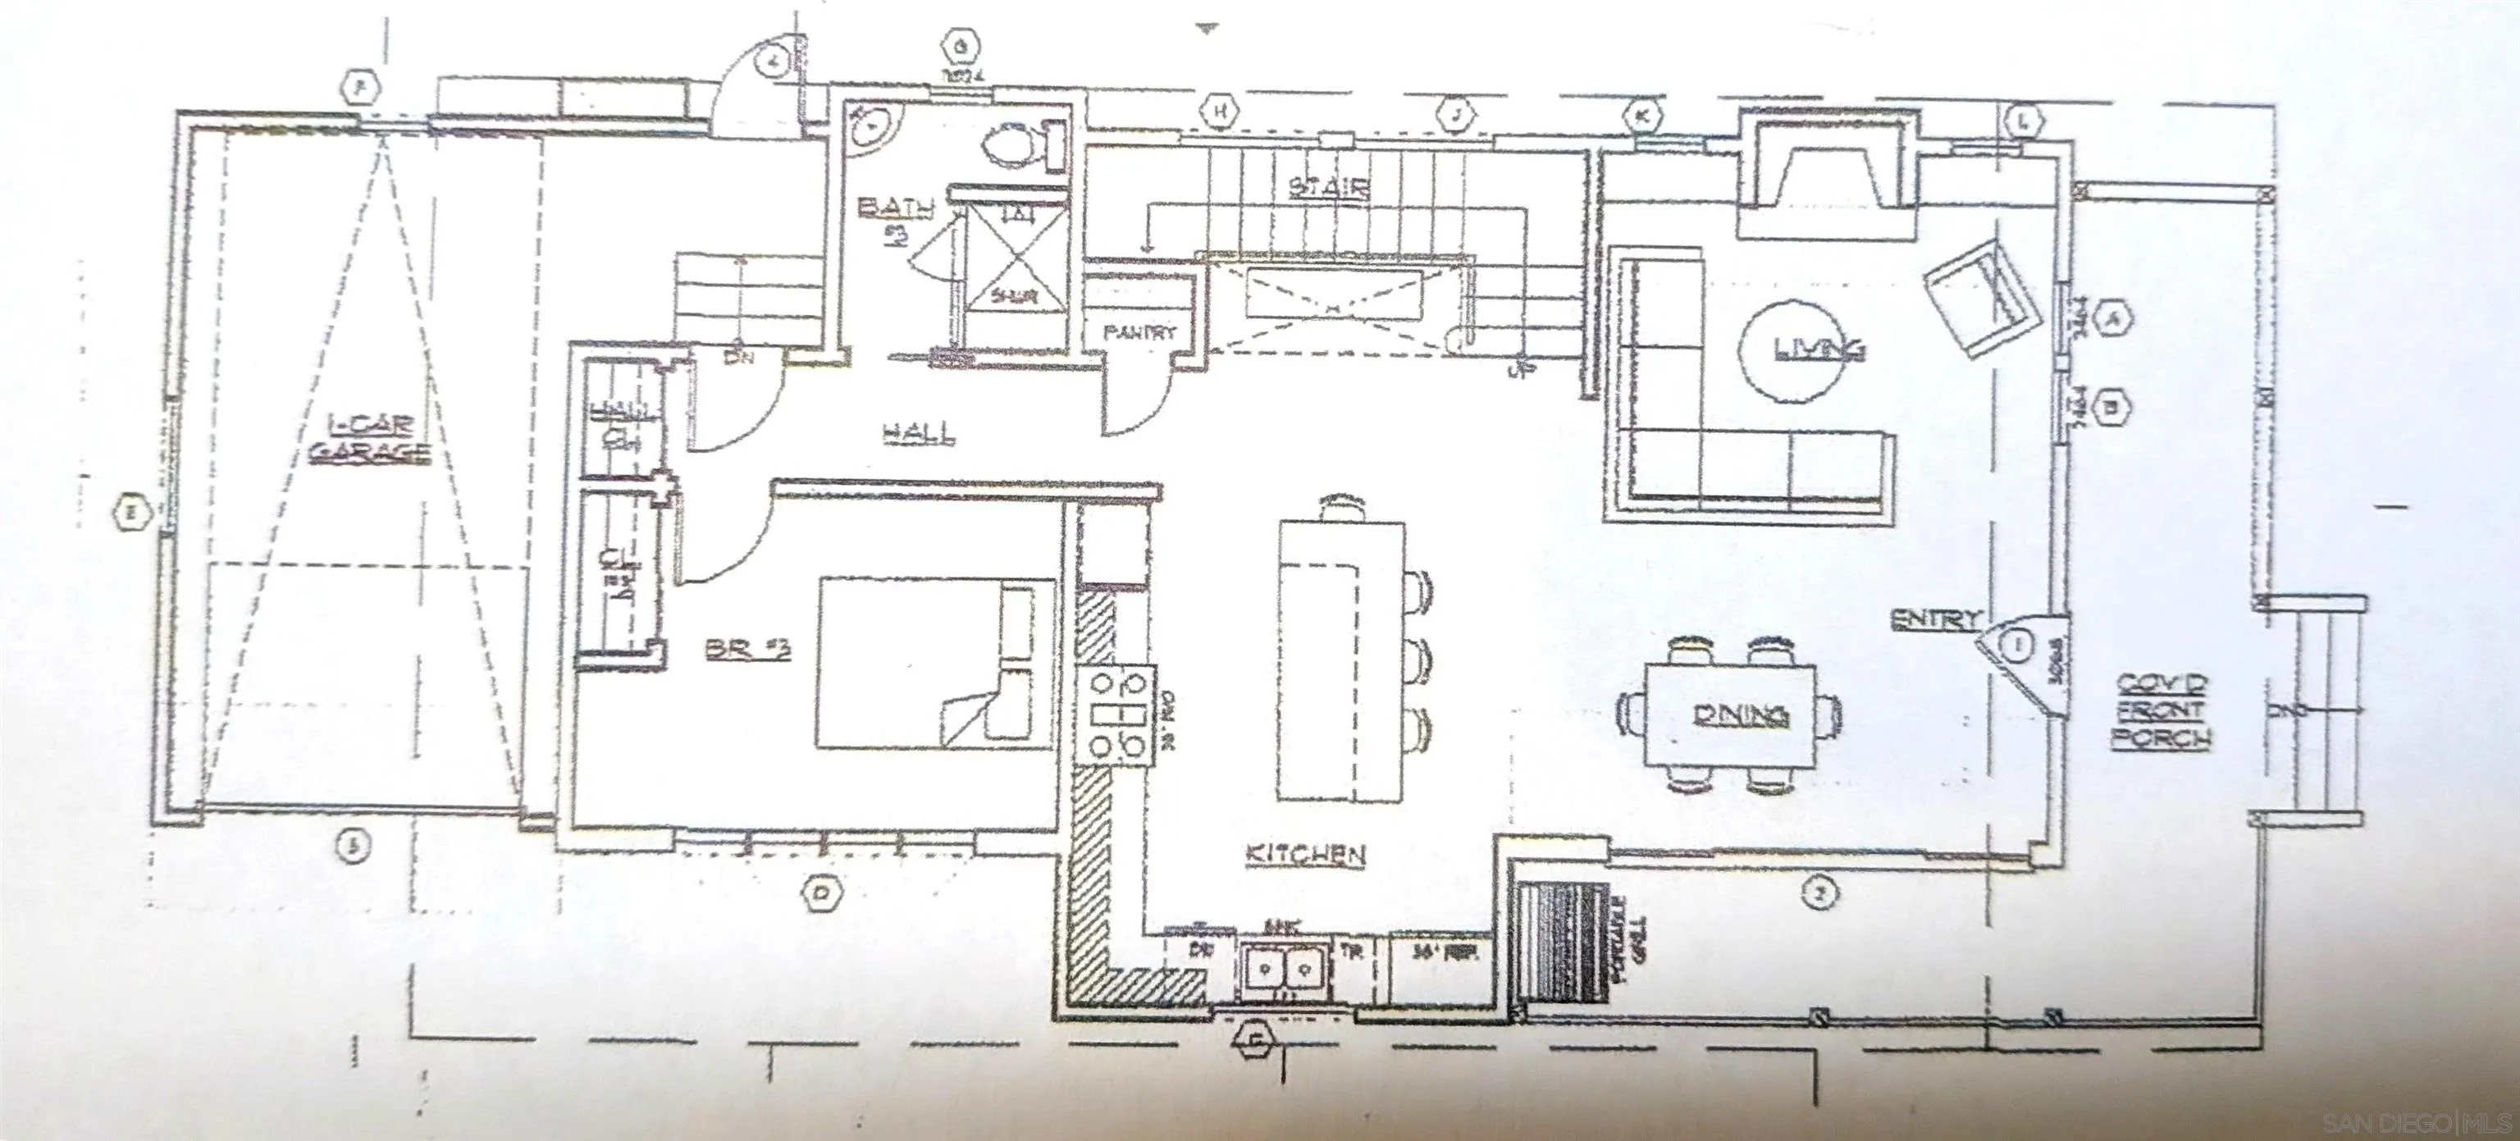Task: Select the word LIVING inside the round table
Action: [1819, 348]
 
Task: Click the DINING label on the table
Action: [1742, 715]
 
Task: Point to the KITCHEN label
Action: [1305, 854]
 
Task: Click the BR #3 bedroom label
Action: [747, 649]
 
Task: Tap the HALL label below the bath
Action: [919, 431]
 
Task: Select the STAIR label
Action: [1328, 187]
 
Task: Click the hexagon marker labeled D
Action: [821, 892]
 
